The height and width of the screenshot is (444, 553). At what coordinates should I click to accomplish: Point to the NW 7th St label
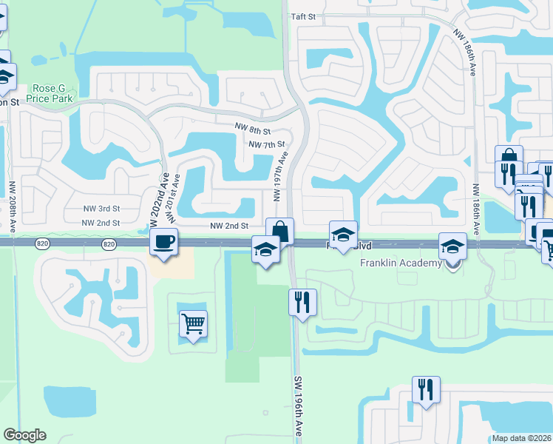point(267,145)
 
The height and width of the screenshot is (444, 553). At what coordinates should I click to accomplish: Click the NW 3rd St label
point(101,209)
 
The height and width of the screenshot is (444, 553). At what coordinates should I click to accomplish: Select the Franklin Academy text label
point(400,263)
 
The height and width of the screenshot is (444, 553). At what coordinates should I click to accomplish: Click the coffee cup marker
point(163,240)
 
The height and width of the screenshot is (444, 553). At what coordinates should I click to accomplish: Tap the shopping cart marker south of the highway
point(193,323)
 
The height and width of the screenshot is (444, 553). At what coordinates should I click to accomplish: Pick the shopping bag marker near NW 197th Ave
point(280,230)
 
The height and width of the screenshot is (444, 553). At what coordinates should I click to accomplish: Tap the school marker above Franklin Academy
point(452,246)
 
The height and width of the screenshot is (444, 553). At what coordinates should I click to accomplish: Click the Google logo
point(24,435)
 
